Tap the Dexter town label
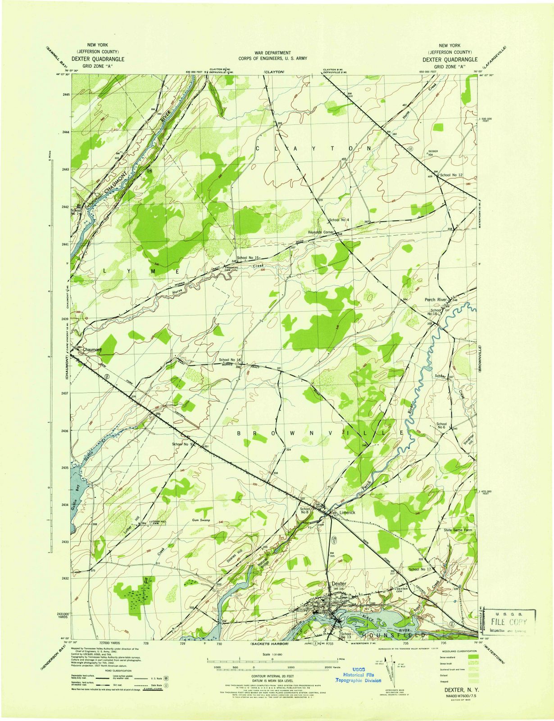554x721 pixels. coord(338,584)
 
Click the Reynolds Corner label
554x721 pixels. coord(320,233)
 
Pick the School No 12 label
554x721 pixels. coord(451,174)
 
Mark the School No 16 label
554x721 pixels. coord(230,360)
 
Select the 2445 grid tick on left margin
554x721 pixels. coord(65,94)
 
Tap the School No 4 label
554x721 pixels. coord(340,220)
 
